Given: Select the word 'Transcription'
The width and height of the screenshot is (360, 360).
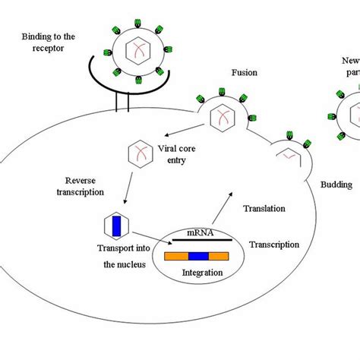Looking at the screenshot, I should (274, 245).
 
